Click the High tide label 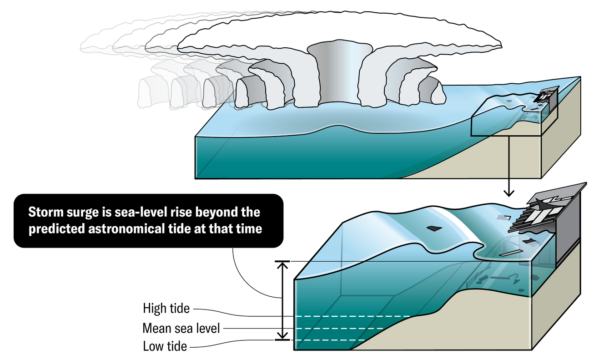pyautogui.click(x=166, y=308)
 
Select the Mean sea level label pyautogui.click(x=181, y=328)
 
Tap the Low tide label pyautogui.click(x=165, y=346)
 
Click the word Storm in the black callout pyautogui.click(x=45, y=213)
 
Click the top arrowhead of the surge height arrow pyautogui.click(x=283, y=264)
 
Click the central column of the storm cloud pyautogui.click(x=330, y=73)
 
